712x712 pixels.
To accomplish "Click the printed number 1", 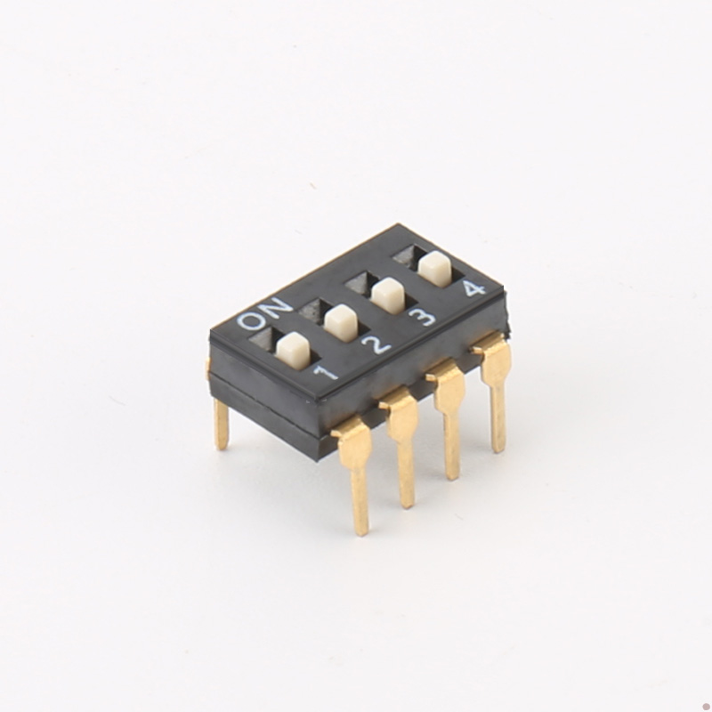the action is point(326,373).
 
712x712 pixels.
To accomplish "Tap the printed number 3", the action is point(422,318).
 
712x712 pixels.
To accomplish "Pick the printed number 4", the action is point(473,289).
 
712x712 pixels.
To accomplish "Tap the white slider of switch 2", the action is point(342,323).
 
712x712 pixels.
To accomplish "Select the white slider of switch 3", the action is point(388,295).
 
